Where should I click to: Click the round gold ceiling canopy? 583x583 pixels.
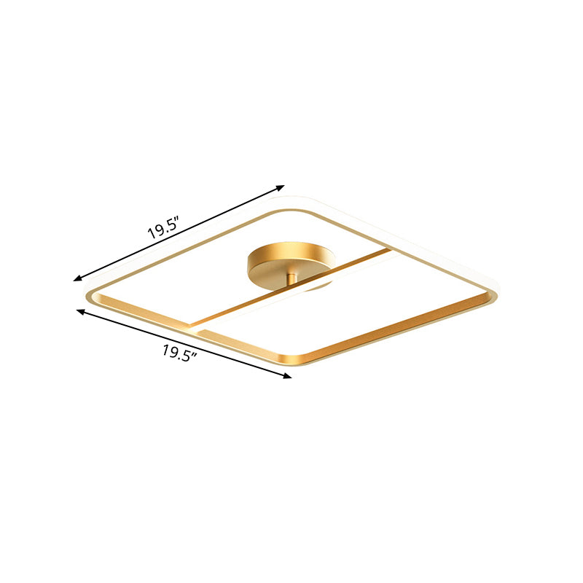290,260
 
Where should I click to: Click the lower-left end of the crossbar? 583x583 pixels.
194,324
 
